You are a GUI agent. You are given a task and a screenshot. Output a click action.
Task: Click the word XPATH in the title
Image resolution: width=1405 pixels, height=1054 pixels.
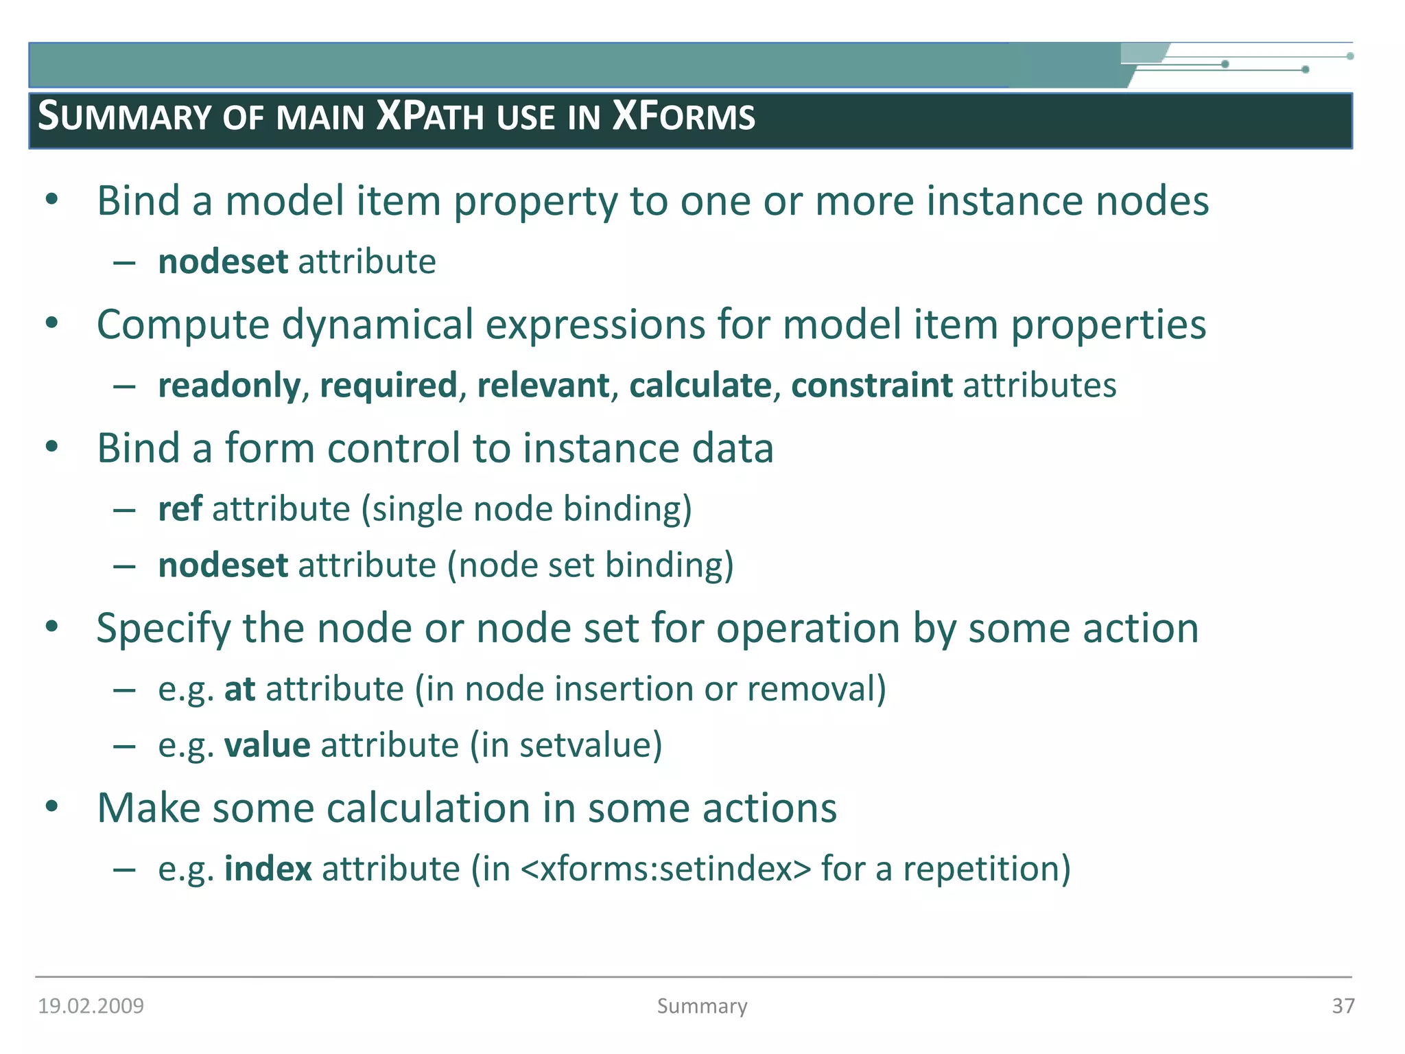tap(431, 116)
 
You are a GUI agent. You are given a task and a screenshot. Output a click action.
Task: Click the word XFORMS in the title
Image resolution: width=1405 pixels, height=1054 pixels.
tap(683, 116)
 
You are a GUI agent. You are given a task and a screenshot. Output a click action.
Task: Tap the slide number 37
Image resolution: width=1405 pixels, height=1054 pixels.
tap(1343, 1006)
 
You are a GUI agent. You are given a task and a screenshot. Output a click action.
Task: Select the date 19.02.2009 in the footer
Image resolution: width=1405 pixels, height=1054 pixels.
tap(91, 1006)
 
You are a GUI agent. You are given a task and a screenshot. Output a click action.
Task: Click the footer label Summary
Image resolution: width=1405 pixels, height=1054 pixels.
tap(702, 1006)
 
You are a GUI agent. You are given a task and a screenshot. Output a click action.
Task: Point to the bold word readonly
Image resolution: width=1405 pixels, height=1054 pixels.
tap(229, 386)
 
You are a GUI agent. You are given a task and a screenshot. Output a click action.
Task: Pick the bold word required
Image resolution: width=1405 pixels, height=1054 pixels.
tap(388, 386)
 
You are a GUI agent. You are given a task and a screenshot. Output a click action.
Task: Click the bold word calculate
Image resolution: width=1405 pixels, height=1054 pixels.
tap(700, 386)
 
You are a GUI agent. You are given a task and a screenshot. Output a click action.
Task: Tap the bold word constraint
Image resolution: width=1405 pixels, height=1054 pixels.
tap(871, 386)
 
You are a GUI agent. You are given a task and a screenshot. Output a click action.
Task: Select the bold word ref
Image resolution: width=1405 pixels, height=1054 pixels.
tap(180, 509)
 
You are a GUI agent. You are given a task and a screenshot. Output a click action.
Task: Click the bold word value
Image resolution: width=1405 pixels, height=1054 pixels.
tap(267, 746)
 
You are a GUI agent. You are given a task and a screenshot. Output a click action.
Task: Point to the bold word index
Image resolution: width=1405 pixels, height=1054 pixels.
tap(268, 869)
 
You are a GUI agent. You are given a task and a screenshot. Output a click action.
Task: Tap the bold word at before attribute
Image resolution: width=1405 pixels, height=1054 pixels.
tap(239, 690)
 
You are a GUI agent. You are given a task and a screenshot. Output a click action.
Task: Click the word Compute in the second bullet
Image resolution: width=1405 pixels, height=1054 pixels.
tap(183, 325)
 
